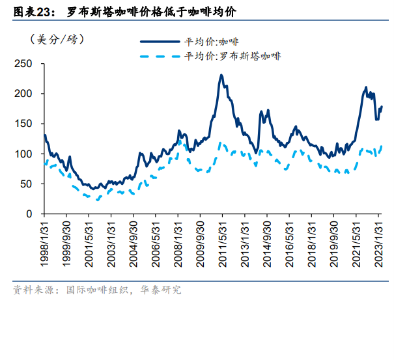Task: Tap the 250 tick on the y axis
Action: (23, 64)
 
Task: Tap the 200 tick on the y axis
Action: (23, 94)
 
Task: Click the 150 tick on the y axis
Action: (23, 124)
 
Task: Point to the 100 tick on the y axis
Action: (23, 154)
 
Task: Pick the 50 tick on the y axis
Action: (25, 184)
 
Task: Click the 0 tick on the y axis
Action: (28, 214)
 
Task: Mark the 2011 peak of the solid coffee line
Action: (221, 76)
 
